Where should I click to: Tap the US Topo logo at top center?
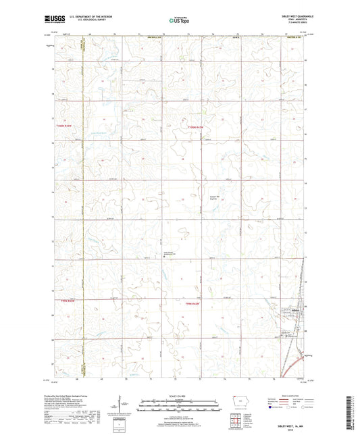click(179, 22)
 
